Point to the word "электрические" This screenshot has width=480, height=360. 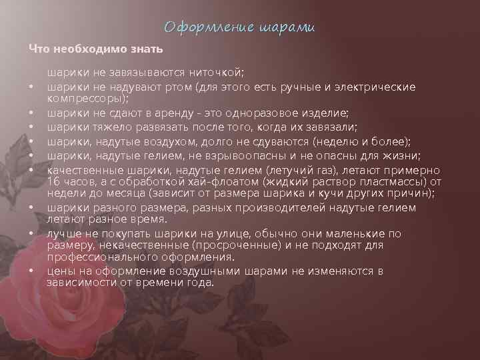379,87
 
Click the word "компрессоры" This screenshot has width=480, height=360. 84,99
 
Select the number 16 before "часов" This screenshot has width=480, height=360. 53,181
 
